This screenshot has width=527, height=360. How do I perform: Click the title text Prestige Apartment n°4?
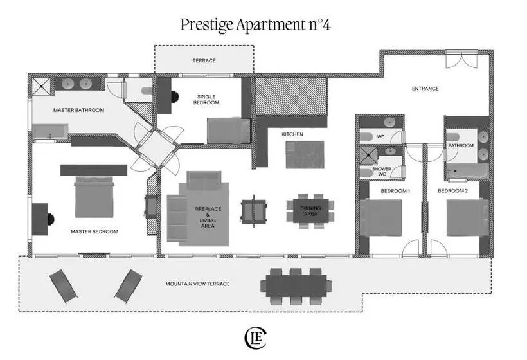(255, 24)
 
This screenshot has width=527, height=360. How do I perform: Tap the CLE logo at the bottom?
(255, 338)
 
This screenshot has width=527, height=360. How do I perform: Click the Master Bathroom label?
(78, 110)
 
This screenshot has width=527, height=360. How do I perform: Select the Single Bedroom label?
(206, 100)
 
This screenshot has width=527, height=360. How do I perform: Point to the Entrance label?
(425, 89)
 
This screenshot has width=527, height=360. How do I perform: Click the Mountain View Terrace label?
(198, 283)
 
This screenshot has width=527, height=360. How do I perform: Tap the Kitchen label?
(292, 134)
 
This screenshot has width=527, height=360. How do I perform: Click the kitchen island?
(305, 155)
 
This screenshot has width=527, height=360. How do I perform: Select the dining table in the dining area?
(310, 211)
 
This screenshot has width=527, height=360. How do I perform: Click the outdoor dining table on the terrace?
(296, 286)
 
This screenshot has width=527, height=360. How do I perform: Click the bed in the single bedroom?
(229, 130)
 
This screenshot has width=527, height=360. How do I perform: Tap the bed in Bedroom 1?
(381, 218)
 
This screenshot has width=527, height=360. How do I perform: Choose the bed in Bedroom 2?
(467, 218)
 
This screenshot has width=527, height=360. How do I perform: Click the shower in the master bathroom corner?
(41, 87)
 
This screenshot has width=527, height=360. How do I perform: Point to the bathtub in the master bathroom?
(50, 132)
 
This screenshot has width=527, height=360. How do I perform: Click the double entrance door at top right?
(461, 60)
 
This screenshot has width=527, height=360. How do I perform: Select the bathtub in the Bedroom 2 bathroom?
(467, 172)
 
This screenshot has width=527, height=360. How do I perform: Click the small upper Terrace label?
(204, 60)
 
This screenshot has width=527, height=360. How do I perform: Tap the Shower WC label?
(382, 172)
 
